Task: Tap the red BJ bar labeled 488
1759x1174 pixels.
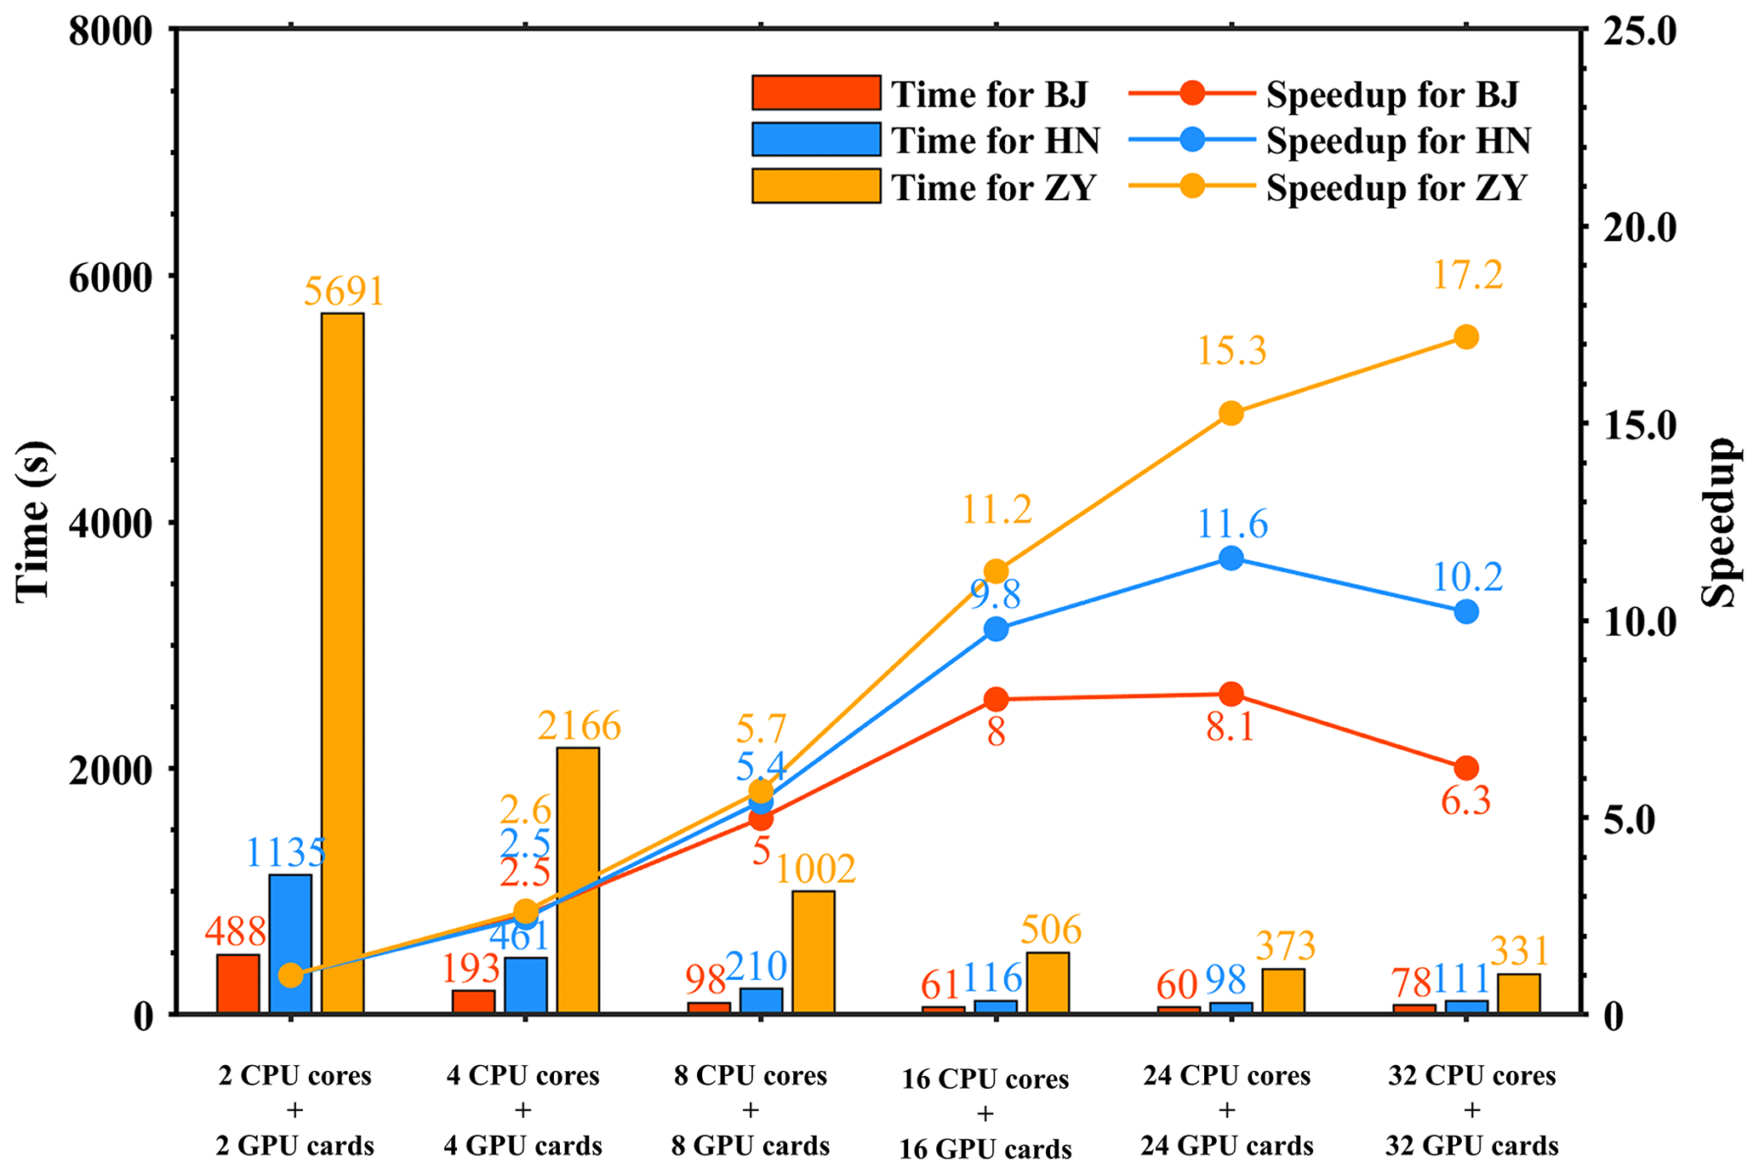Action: (x=237, y=983)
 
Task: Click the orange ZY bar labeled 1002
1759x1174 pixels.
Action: (x=813, y=951)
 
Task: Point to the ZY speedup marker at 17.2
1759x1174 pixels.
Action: (x=1465, y=337)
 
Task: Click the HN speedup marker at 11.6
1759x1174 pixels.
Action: (x=1231, y=558)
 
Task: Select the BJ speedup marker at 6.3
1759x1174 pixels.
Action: (x=1465, y=768)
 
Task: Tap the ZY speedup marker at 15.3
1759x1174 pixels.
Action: (x=1231, y=414)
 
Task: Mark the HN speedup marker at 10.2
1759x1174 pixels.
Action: (x=1465, y=611)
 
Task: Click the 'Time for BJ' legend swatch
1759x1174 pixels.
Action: (x=815, y=93)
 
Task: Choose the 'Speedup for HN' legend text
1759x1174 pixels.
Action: (x=1398, y=140)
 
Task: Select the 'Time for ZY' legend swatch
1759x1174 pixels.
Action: (x=815, y=186)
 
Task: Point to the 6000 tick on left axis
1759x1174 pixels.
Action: (x=110, y=277)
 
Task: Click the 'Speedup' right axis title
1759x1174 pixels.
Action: (x=1718, y=521)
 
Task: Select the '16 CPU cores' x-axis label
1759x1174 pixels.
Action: (x=985, y=1080)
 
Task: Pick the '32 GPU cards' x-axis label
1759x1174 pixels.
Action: (x=1471, y=1146)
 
